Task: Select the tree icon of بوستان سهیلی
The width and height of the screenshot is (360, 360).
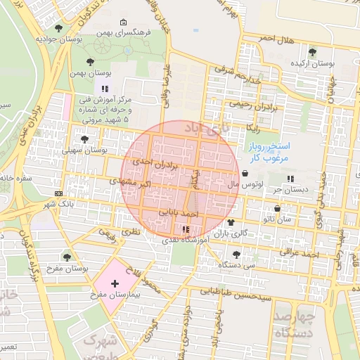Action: pyautogui.click(x=84, y=139)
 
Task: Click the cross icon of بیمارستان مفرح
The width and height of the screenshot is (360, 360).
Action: pyautogui.click(x=115, y=283)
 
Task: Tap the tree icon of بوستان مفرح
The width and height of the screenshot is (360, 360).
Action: pyautogui.click(x=67, y=257)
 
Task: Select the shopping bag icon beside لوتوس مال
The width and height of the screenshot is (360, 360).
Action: pyautogui.click(x=244, y=174)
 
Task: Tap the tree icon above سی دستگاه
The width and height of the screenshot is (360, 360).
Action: pyautogui.click(x=235, y=255)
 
